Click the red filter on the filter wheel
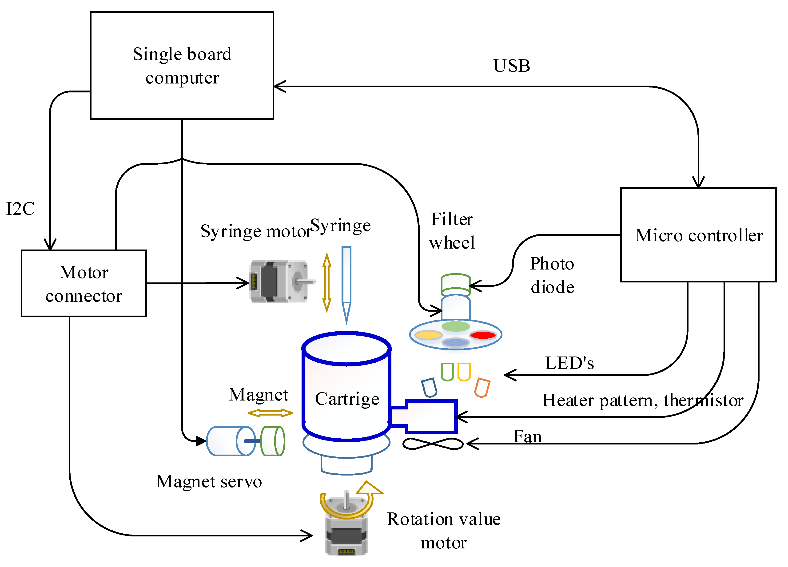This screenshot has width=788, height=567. pos(483,335)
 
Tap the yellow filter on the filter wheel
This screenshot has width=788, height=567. pos(428,335)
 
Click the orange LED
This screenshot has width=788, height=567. pos(482,387)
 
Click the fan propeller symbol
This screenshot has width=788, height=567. pos(433,444)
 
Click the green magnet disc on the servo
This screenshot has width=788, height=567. pos(273,441)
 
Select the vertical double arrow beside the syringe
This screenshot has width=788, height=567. pos(326,282)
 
